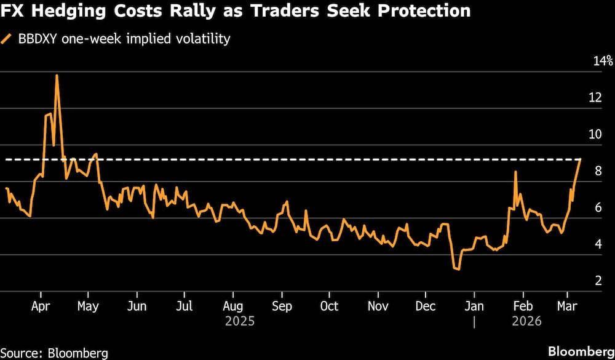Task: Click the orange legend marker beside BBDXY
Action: tap(7, 39)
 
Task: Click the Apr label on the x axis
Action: tap(41, 306)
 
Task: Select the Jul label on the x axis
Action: tap(184, 306)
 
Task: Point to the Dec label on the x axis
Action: tap(426, 306)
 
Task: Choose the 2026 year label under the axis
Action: tap(526, 321)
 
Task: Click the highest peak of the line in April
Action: tap(57, 76)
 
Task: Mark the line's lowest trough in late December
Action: tap(456, 269)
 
